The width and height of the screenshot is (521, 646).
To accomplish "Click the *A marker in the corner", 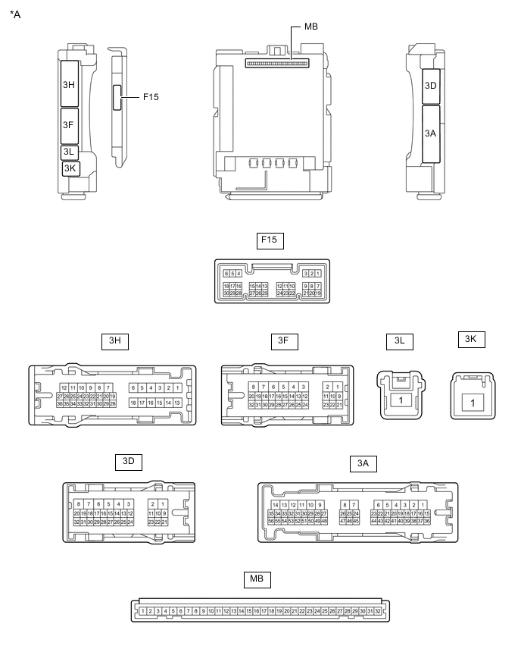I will (x=15, y=13).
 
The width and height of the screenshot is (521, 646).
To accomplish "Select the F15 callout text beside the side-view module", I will (x=150, y=97).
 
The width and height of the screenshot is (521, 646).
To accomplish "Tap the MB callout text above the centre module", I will (x=310, y=27).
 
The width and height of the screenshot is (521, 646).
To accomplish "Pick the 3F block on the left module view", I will (x=68, y=125).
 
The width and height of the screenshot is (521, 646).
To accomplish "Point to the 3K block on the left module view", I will (x=70, y=168).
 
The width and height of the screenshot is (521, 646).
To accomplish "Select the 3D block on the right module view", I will (x=430, y=86).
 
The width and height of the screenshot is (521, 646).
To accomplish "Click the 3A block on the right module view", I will (x=430, y=133).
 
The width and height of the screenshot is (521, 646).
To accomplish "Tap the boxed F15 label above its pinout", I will (x=268, y=241).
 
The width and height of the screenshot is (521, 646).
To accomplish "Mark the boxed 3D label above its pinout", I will (x=128, y=461).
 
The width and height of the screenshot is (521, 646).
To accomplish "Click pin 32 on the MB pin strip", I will (x=377, y=611).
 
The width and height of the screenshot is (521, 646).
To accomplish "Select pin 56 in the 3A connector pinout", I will (x=271, y=522).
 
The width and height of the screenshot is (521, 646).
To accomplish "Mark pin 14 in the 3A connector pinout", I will (x=274, y=505).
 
